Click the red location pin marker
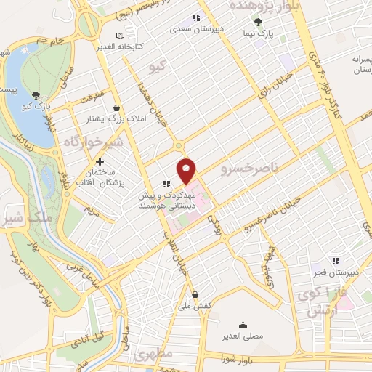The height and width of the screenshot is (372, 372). (x=187, y=170)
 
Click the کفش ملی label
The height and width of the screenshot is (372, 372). (x=197, y=307)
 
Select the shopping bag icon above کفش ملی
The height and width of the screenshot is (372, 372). (x=195, y=294)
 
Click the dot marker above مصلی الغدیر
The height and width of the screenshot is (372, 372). (x=242, y=325)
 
